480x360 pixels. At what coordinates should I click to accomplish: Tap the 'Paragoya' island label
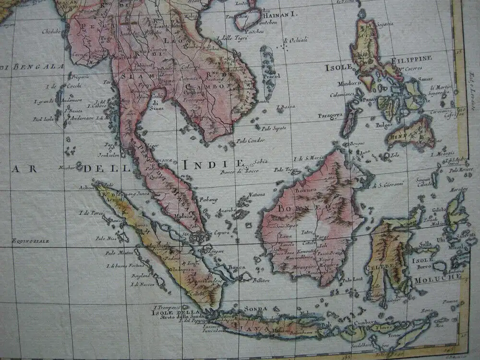pos(330,115)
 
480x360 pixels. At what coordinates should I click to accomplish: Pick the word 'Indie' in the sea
pos(213,164)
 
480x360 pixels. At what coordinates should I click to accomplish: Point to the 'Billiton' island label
pos(259,279)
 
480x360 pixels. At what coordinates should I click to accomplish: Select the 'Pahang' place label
pos(209,199)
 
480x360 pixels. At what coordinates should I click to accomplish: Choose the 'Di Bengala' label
pos(32,67)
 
